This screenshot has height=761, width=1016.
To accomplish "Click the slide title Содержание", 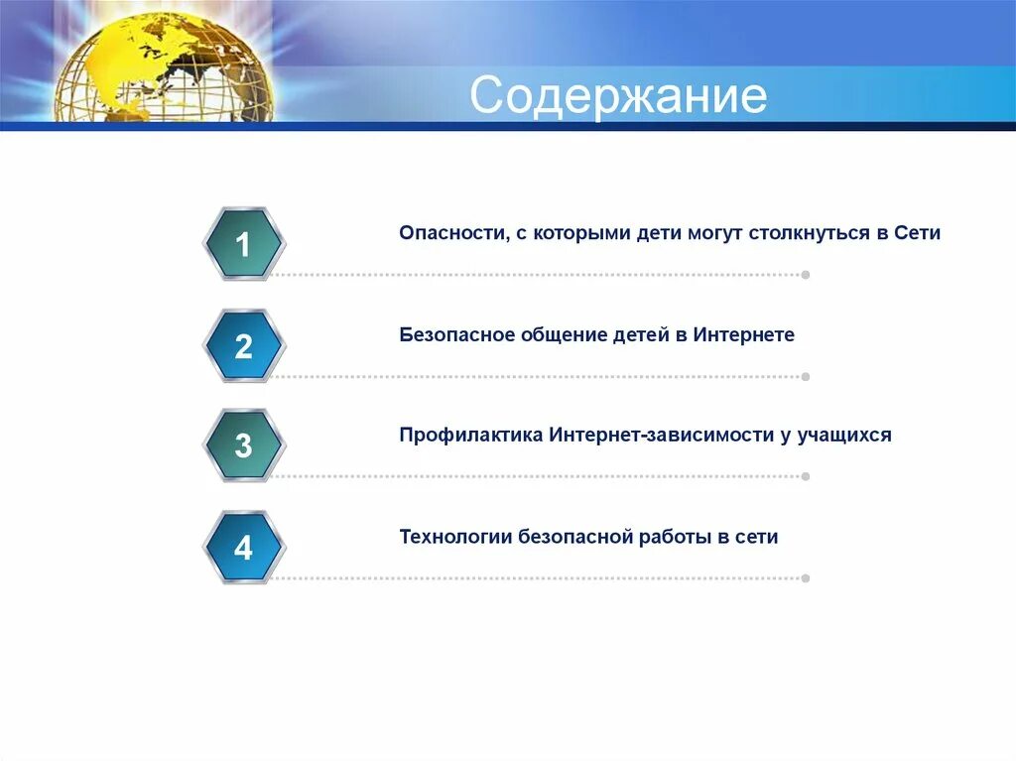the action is [x=618, y=96].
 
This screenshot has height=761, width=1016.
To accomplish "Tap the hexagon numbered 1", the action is [x=244, y=244].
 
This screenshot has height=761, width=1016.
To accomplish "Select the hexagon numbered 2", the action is [x=244, y=345].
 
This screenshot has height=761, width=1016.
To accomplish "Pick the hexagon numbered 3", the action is [x=244, y=445].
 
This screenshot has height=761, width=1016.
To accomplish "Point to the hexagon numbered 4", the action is [x=244, y=547].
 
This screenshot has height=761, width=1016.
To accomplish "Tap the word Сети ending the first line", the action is [x=917, y=233].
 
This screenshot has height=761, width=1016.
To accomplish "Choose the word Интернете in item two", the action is [x=744, y=334].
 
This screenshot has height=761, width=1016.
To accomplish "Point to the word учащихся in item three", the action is [x=844, y=435].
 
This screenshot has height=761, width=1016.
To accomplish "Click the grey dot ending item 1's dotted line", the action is [x=806, y=275].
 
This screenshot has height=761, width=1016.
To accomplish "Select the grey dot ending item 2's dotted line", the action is [x=806, y=377].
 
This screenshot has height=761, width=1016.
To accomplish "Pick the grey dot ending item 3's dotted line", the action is [x=806, y=476].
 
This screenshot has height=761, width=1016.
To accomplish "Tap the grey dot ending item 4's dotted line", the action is [x=806, y=578].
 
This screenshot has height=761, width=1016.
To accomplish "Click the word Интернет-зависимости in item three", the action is [x=662, y=435].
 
